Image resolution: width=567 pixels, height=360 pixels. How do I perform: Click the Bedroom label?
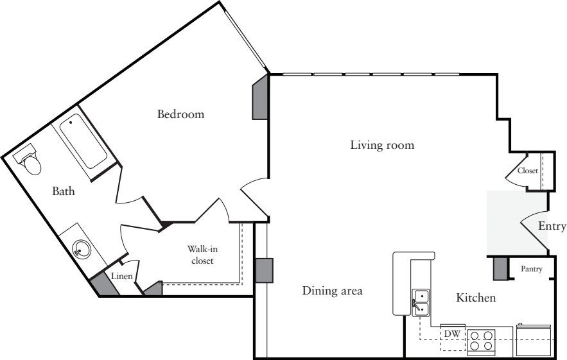click(180, 114)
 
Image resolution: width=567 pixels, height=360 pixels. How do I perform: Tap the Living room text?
click(382, 145)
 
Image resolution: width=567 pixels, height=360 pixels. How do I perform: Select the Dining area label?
click(332, 291)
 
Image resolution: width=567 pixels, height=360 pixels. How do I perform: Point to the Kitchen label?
click(475, 298)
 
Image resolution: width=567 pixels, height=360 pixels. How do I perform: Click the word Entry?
click(552, 226)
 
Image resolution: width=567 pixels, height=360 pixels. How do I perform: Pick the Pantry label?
click(532, 269)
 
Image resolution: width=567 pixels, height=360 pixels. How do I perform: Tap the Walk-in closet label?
click(200, 255)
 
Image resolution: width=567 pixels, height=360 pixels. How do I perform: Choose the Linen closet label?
click(122, 276)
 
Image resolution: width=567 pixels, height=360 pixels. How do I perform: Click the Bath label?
click(64, 191)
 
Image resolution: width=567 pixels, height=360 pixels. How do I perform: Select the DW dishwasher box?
click(452, 334)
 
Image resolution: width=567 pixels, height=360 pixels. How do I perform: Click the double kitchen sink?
click(421, 302)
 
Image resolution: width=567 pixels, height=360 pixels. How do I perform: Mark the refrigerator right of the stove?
click(533, 339)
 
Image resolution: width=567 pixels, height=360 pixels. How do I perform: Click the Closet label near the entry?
click(527, 171)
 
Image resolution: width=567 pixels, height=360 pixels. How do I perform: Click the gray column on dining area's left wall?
click(264, 270)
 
